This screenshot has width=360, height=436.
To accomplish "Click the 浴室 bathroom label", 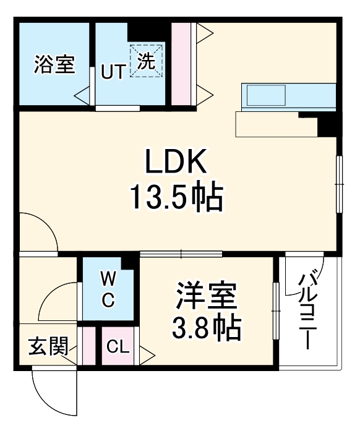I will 54,65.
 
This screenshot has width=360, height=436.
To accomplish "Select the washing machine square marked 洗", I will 146,61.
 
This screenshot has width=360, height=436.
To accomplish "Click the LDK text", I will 175,163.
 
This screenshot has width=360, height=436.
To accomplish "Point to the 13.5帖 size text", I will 176,197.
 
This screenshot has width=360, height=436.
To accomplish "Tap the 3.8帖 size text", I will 207,330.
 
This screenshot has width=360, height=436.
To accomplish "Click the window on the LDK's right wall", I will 339,184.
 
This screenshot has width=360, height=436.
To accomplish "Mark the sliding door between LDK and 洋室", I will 181,253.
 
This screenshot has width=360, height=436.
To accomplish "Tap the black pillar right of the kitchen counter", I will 325,126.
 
